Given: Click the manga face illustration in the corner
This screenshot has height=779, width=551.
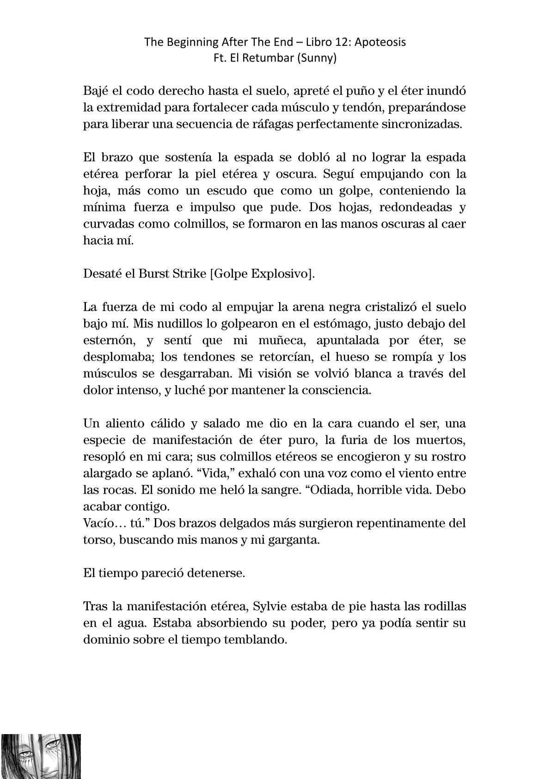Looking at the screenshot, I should (x=41, y=756).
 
